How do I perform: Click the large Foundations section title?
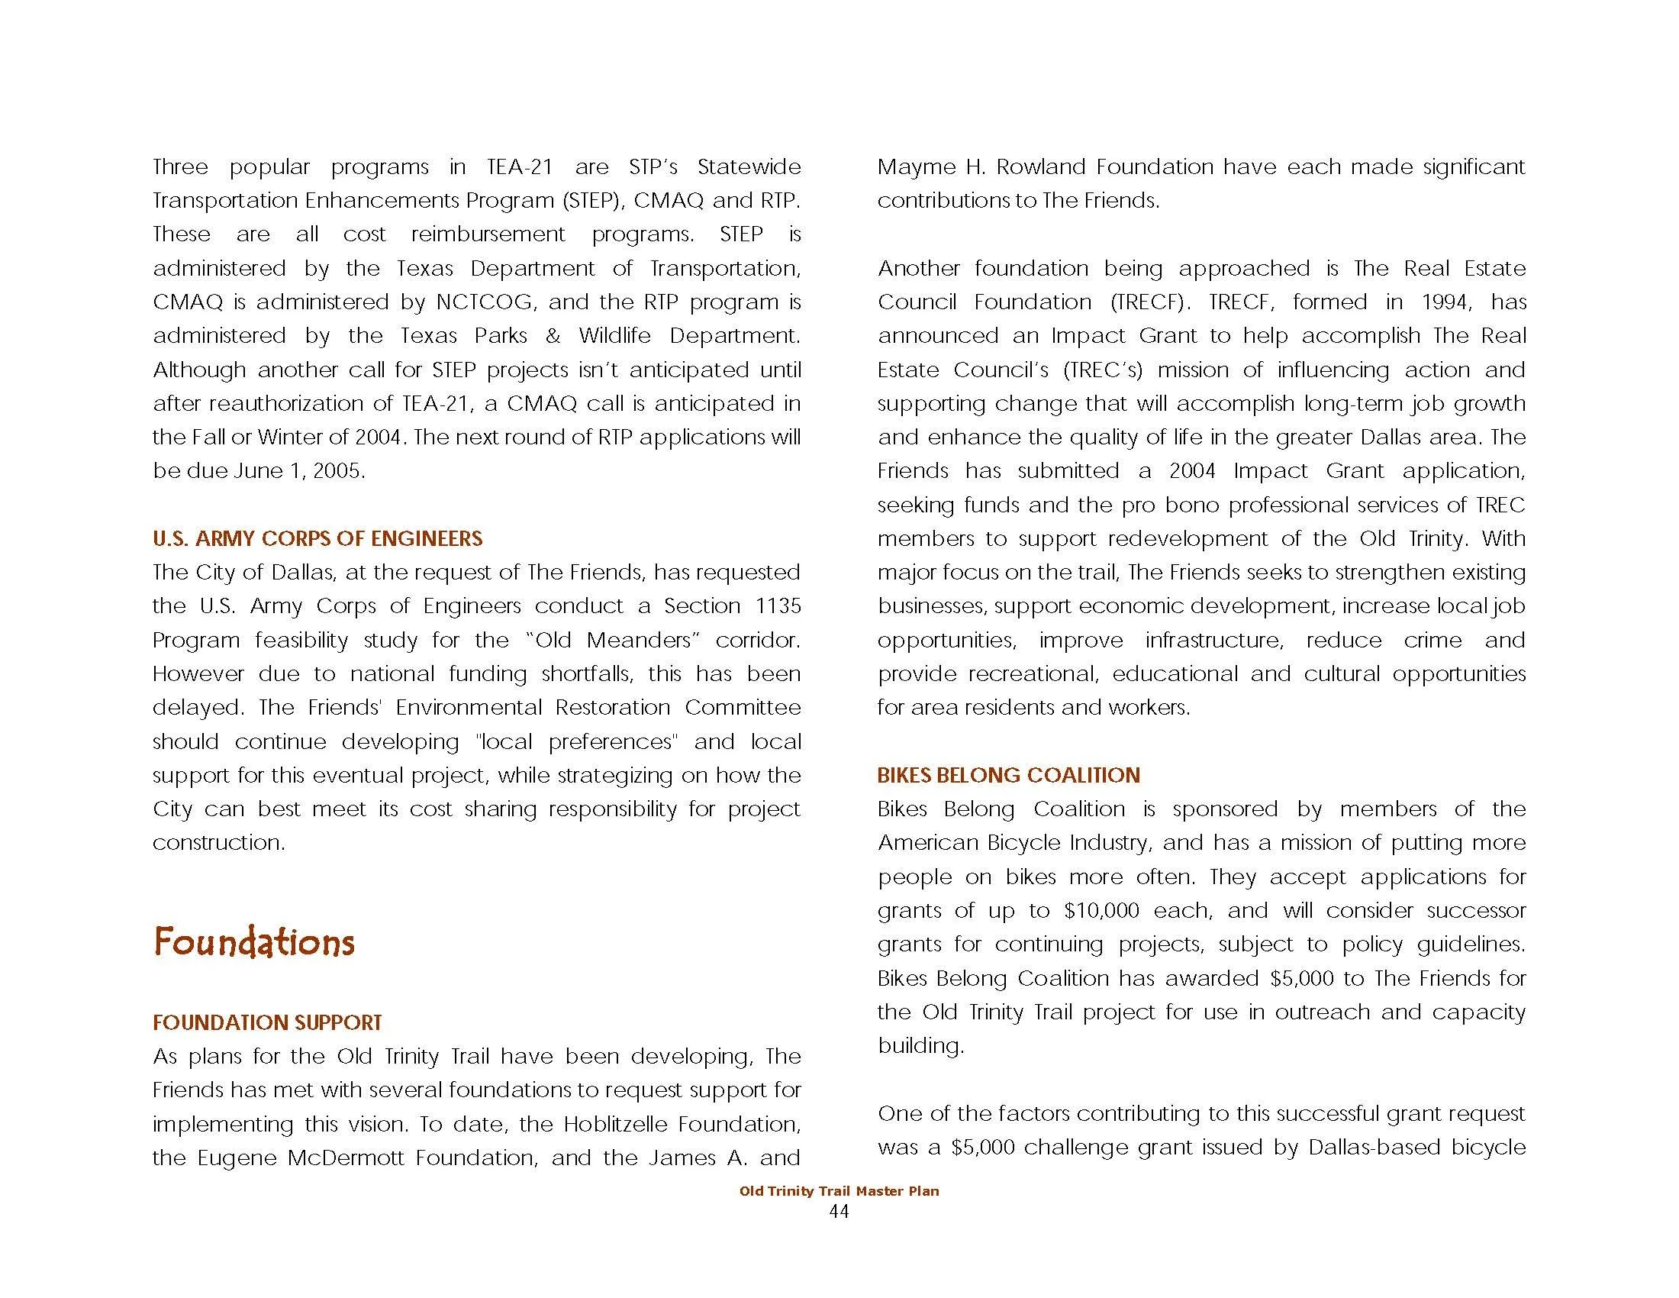pos(253,943)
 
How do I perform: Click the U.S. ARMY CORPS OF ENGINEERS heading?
pos(317,538)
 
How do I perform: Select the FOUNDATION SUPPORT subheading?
pos(267,1022)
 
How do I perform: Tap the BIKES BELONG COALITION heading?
pos(1008,775)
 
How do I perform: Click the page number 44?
pos(839,1212)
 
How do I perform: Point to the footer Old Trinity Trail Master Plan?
pos(839,1191)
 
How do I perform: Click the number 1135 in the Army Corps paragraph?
pos(778,606)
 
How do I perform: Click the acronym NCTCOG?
pos(485,302)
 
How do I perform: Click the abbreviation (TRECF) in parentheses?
pos(1150,302)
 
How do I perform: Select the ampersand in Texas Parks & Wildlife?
pos(553,336)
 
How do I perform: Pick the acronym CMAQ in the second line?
pos(668,201)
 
